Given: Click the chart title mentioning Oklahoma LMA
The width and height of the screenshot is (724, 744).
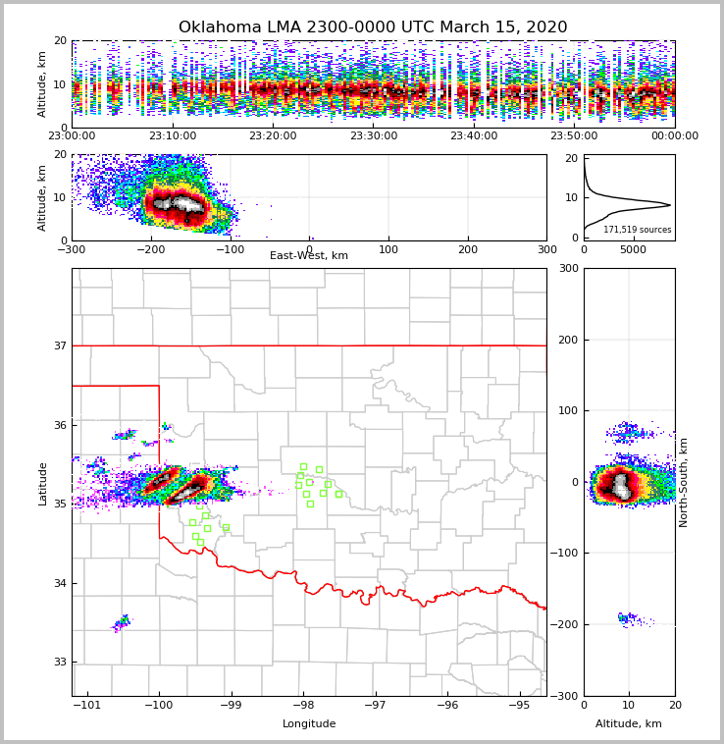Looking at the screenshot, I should click(x=373, y=27).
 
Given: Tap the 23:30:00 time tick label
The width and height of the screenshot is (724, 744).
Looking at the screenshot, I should click(x=373, y=136).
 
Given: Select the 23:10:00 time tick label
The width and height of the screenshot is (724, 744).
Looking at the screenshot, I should click(x=172, y=136).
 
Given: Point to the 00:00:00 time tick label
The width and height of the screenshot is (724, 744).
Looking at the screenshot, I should click(x=675, y=136).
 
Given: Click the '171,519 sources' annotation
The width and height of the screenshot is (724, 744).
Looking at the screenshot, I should click(x=638, y=230).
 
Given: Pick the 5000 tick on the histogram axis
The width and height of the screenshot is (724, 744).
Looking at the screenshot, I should click(x=634, y=249).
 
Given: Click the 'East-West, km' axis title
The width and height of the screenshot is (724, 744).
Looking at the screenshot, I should click(x=309, y=256).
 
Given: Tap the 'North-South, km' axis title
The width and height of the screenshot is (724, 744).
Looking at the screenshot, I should click(x=684, y=482).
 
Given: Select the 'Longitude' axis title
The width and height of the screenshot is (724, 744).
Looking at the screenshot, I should click(x=309, y=724).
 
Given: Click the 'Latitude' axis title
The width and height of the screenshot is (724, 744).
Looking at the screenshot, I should click(x=42, y=483).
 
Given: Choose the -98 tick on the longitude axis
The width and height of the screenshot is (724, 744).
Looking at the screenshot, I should click(x=302, y=705).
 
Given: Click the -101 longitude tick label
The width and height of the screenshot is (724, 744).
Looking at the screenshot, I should click(x=88, y=705).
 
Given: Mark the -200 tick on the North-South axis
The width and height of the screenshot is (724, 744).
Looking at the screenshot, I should click(x=565, y=624).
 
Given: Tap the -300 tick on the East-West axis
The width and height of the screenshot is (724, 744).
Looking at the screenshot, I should click(x=72, y=249).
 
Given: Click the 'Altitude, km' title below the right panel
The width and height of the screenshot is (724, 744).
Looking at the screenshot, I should click(x=629, y=724).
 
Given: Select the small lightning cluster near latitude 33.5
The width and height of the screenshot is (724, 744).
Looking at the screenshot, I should click(x=122, y=622).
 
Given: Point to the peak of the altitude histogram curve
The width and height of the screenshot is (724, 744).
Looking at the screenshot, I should click(x=669, y=205).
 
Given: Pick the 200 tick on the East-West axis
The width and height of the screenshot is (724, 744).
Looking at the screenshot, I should click(x=468, y=249).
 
